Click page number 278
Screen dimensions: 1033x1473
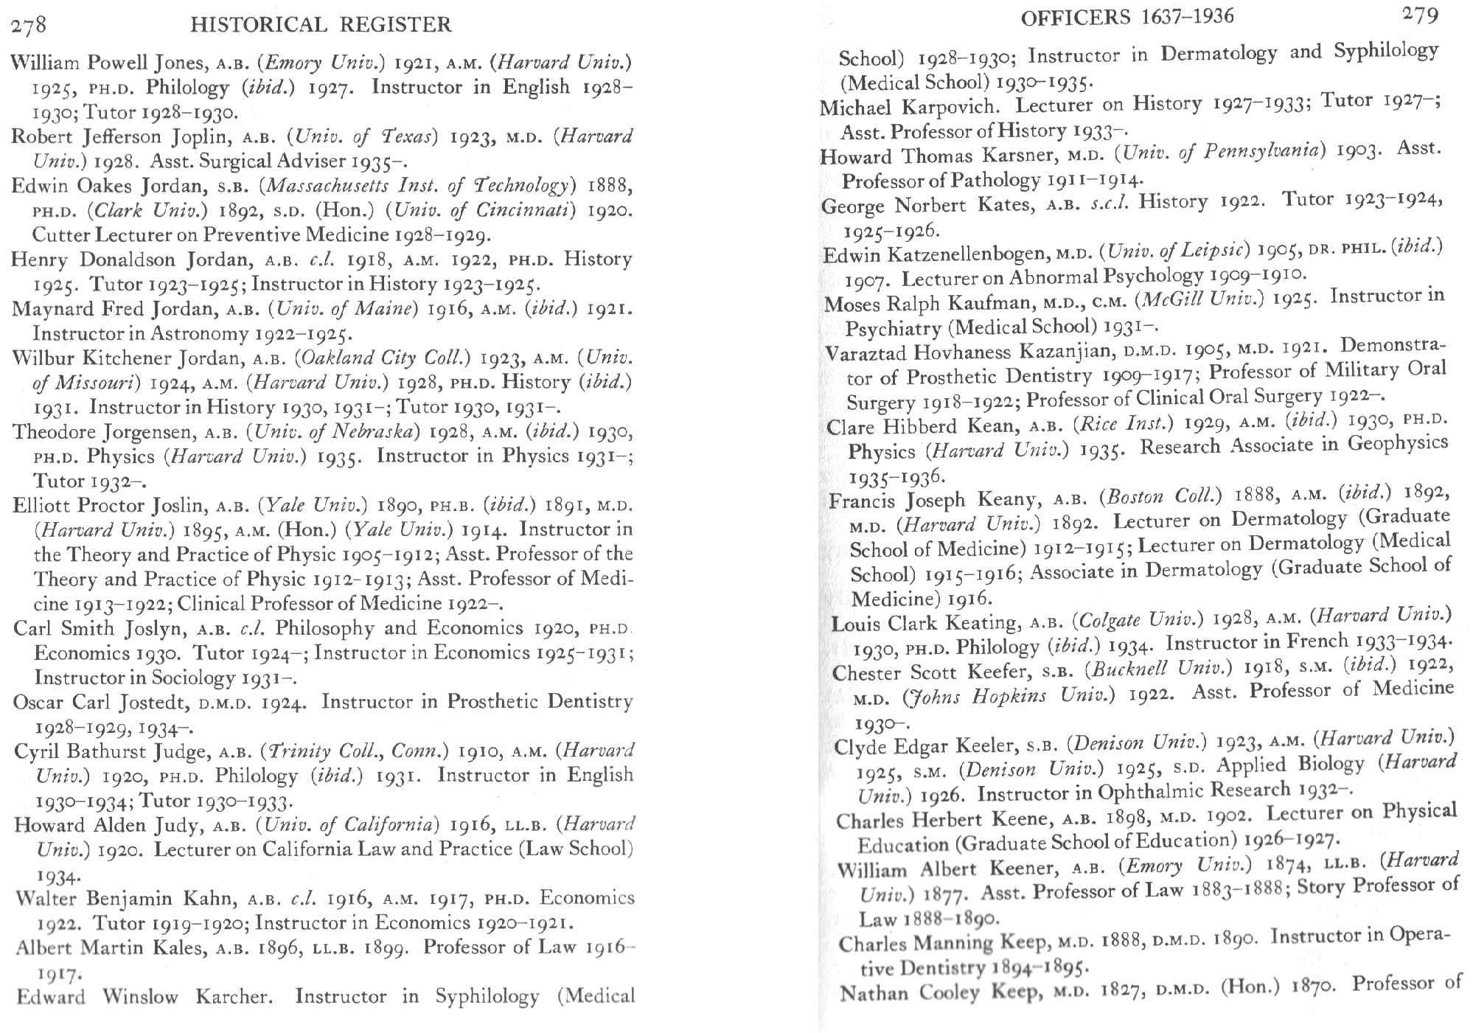(29, 26)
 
